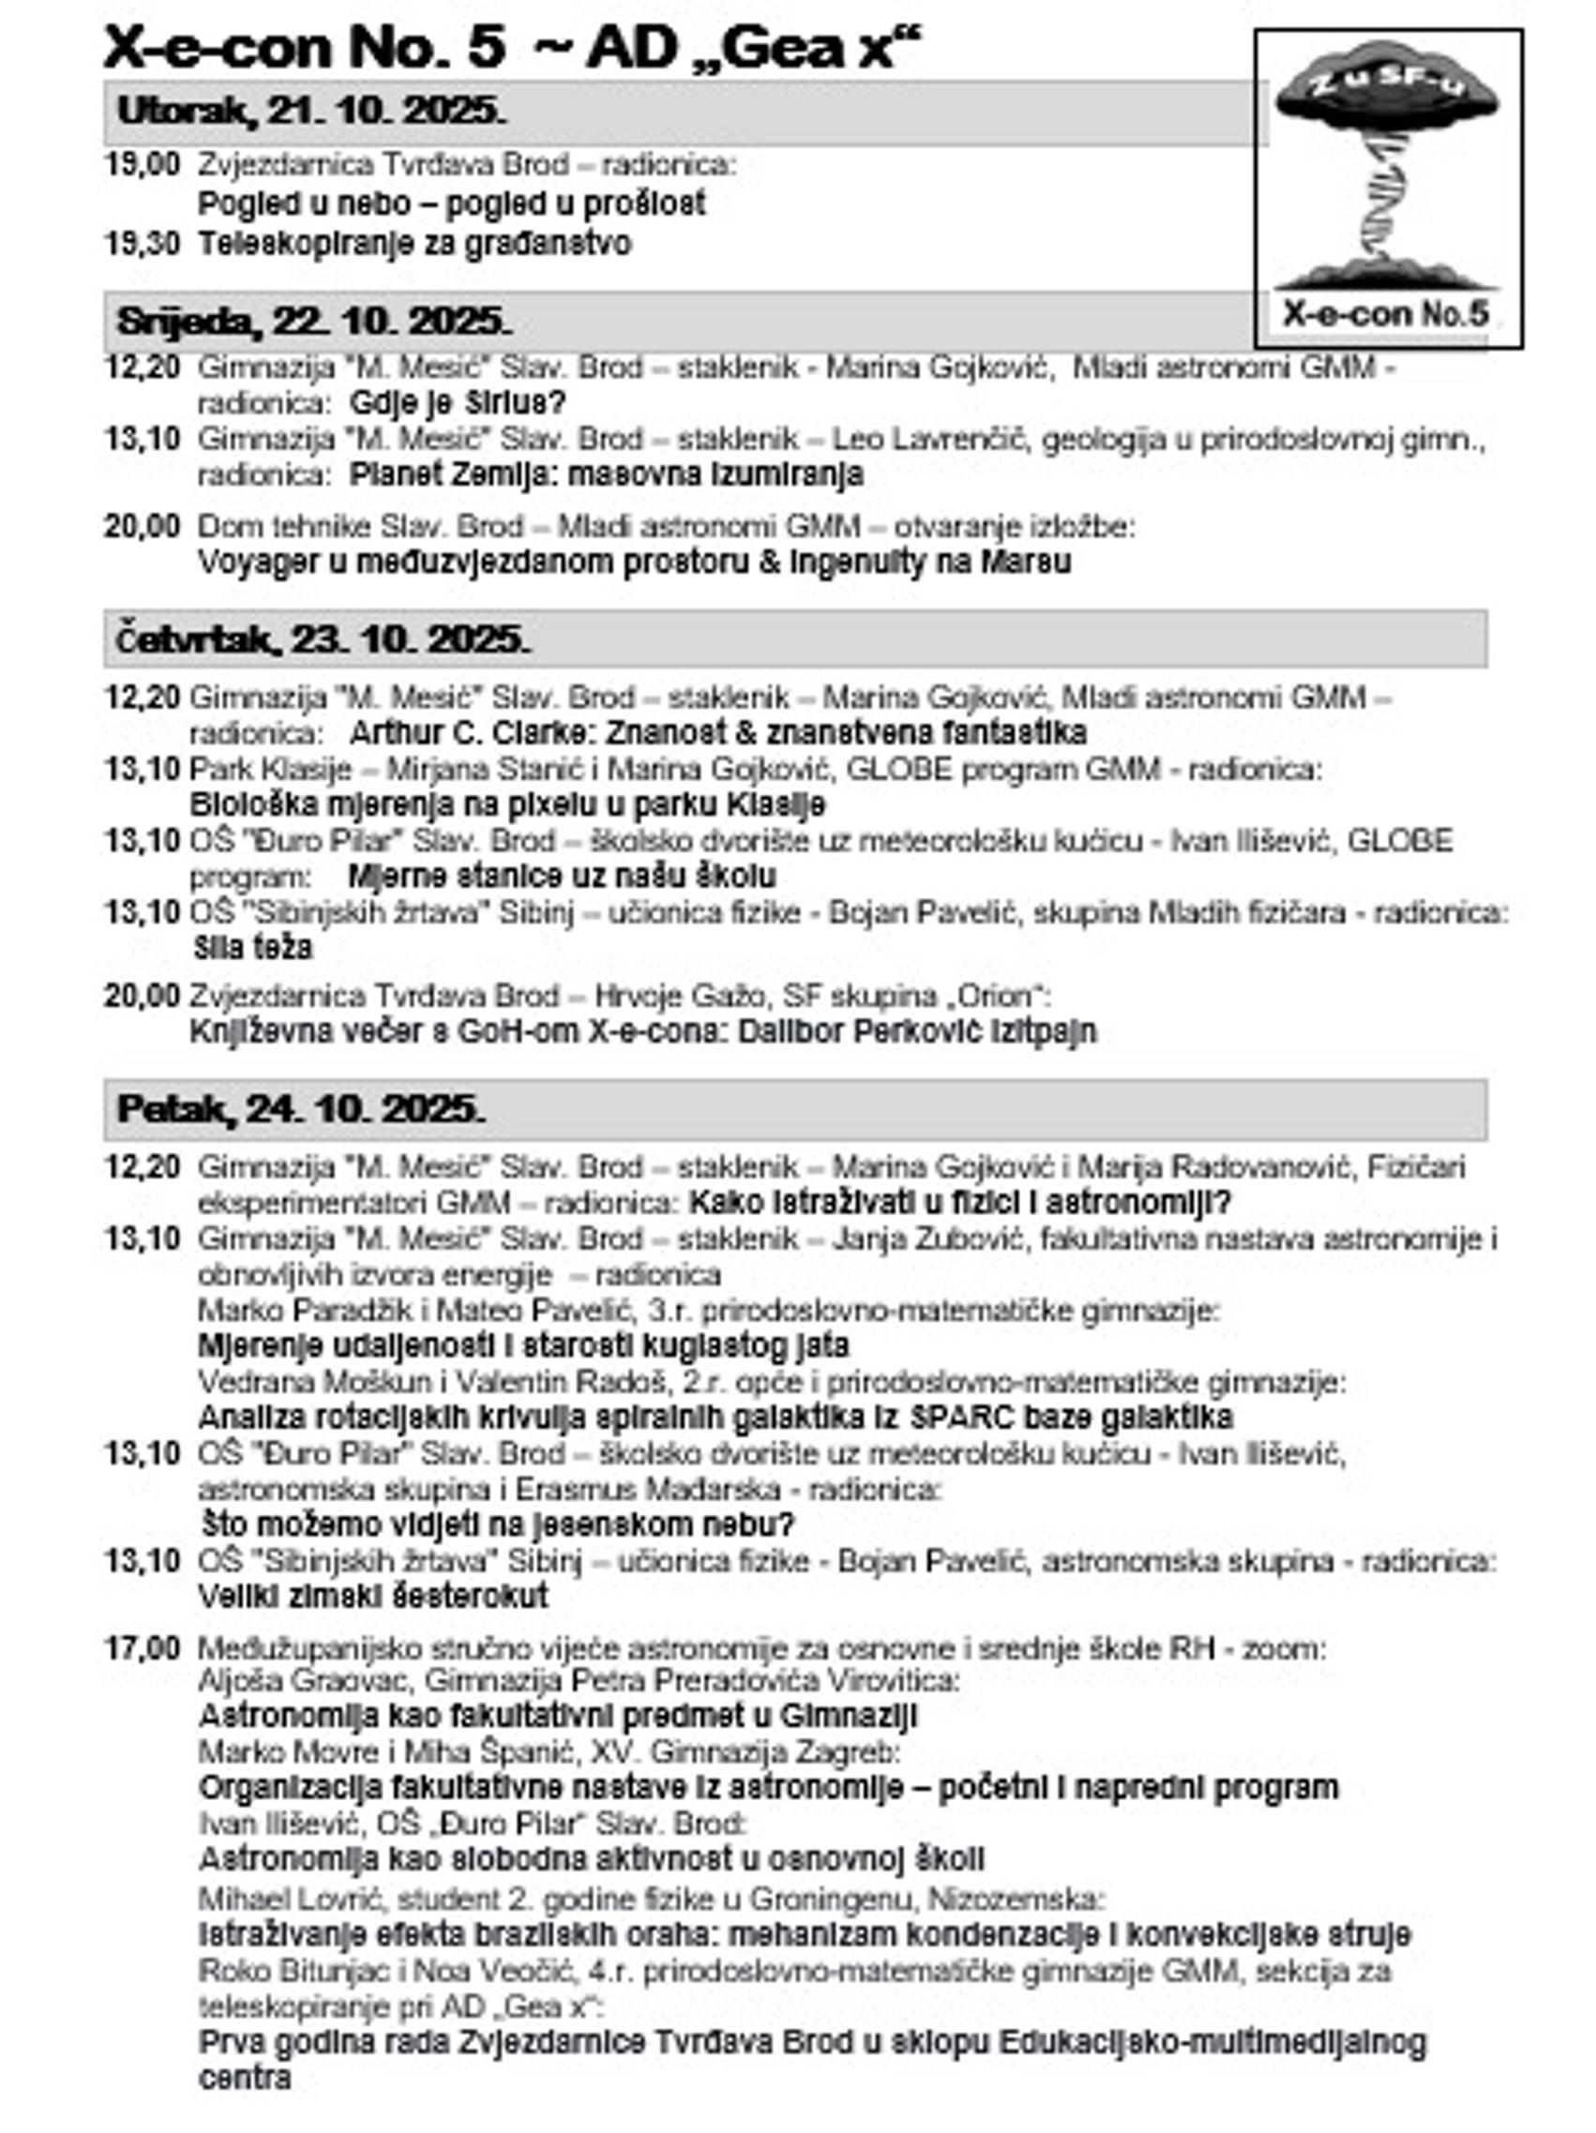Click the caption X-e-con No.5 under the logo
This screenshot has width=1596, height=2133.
coord(1386,313)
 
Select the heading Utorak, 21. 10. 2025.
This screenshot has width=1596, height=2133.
coord(310,111)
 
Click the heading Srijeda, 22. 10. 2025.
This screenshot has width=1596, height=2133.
coord(314,321)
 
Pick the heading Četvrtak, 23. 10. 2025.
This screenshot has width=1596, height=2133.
coord(324,638)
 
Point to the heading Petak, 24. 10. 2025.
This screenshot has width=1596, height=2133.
coord(301,1109)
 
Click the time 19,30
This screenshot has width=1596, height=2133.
coord(142,244)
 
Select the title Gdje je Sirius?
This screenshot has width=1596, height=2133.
coord(457,402)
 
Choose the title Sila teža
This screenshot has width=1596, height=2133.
coord(252,948)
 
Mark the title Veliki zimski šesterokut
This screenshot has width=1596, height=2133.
coord(373,1596)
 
